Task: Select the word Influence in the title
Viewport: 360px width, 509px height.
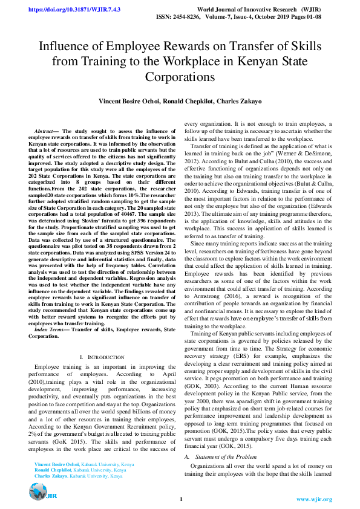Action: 65,47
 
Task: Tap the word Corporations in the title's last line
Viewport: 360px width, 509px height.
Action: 180,77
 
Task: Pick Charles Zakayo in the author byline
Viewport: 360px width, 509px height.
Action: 239,102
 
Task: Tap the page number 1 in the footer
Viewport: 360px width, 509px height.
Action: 180,499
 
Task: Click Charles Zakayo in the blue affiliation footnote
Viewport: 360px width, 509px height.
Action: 51,476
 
